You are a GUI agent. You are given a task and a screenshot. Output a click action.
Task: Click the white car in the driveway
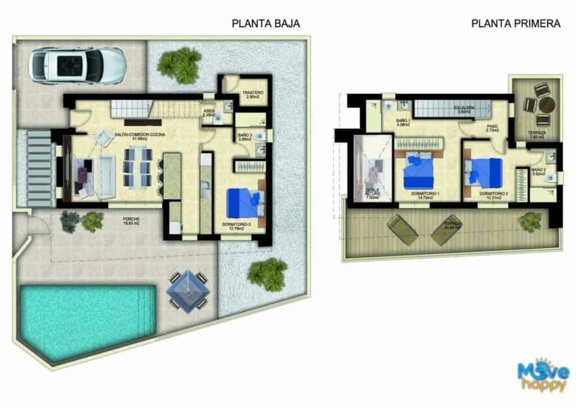(x=77, y=65)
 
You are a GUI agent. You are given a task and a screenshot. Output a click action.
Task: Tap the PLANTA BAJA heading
(x=265, y=24)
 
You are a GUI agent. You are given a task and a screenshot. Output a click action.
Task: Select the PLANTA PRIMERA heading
(x=516, y=24)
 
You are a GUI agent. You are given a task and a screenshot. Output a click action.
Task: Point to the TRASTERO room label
(x=253, y=93)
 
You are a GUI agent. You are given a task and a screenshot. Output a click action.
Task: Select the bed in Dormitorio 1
(x=419, y=172)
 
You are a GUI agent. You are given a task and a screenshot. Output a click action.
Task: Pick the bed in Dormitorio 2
(x=484, y=171)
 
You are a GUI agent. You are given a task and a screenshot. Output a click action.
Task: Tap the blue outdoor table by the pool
(x=187, y=291)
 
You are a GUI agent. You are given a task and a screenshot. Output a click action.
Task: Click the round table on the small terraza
(x=547, y=105)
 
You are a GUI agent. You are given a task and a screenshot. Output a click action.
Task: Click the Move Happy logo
(x=543, y=375)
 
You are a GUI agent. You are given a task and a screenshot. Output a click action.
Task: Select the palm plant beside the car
(x=179, y=64)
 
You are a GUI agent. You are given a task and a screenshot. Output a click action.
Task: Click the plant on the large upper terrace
(x=530, y=222)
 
